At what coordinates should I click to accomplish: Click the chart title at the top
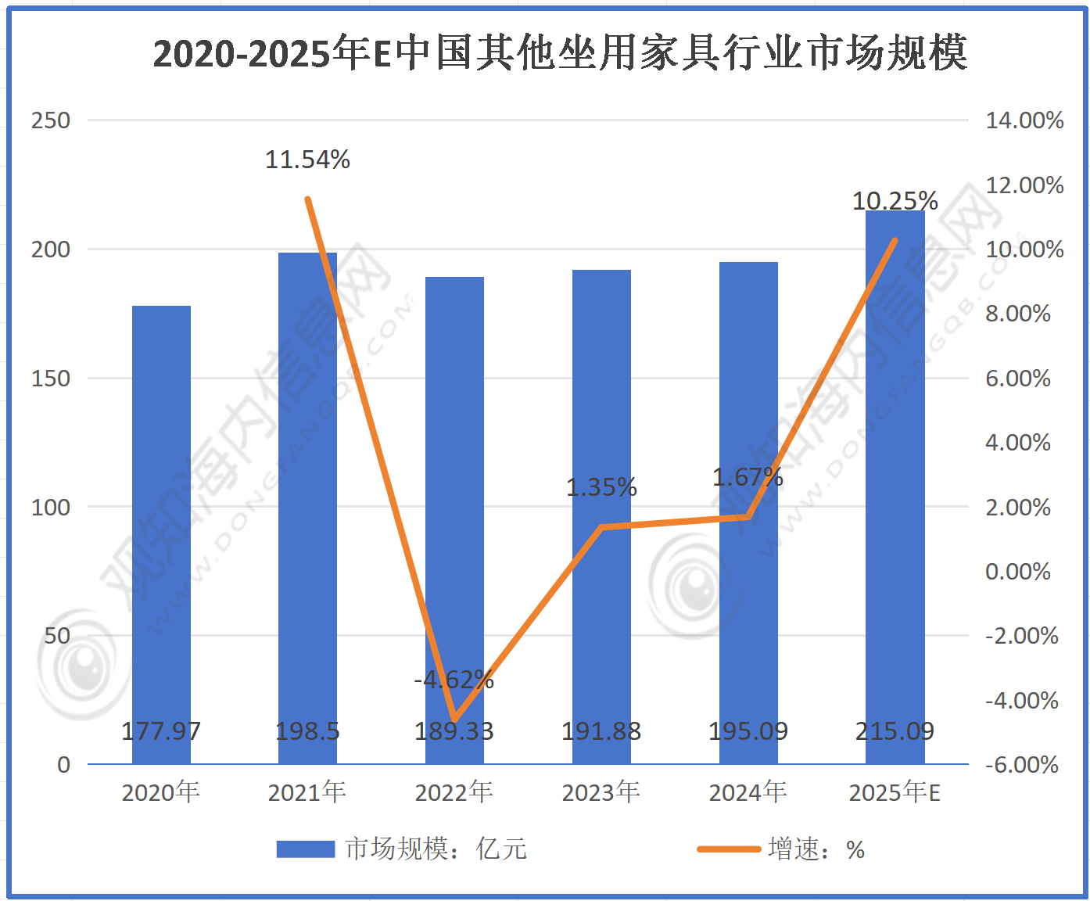[x=560, y=53]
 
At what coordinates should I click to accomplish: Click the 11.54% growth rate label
[x=307, y=160]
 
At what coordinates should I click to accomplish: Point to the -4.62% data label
[x=454, y=680]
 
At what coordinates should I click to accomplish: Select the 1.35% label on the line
[x=601, y=487]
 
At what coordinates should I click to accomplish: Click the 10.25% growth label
[x=895, y=201]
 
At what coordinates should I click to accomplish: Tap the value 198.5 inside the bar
[x=307, y=731]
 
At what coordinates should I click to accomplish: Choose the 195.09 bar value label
[x=748, y=731]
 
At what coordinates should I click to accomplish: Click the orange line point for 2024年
[x=748, y=517]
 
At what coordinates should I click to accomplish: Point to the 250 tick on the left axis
[x=51, y=120]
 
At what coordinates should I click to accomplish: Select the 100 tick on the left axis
[x=51, y=507]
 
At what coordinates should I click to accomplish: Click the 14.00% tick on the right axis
[x=1024, y=120]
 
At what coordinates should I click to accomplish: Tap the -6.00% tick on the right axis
[x=1021, y=764]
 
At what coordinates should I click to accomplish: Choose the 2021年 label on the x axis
[x=307, y=792]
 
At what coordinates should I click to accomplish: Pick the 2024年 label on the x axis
[x=748, y=792]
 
